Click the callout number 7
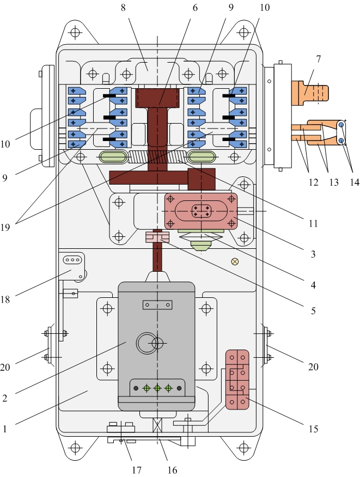(318, 59)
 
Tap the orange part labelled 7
(310, 93)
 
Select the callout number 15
(313, 429)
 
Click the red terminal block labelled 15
(237, 380)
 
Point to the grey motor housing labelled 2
(156, 346)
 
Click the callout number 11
(313, 224)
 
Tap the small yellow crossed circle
(235, 261)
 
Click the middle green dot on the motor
(157, 388)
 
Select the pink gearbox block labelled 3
(201, 211)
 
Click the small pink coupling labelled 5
(157, 237)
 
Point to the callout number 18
(5, 299)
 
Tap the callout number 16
(172, 470)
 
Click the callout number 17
(137, 470)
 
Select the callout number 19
(5, 227)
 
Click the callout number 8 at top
(123, 8)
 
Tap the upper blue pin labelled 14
(341, 125)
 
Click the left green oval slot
(113, 157)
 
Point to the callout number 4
(313, 285)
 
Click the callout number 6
(195, 8)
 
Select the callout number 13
(334, 182)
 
